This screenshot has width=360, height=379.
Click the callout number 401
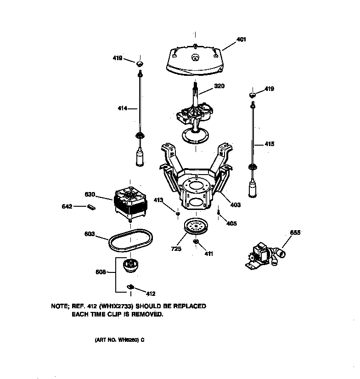(x=241, y=40)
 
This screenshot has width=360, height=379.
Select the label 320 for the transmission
(x=219, y=86)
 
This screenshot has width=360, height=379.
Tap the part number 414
(x=123, y=108)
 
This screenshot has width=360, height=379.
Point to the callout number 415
(x=270, y=144)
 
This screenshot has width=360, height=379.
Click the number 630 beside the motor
(x=90, y=194)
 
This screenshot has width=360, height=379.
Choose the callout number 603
(x=89, y=234)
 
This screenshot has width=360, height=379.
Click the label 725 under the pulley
(x=176, y=249)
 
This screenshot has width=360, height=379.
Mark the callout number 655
(x=295, y=233)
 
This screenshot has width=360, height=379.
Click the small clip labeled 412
(x=130, y=288)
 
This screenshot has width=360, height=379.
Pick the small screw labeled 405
(x=219, y=212)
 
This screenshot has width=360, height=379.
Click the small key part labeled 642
(x=91, y=207)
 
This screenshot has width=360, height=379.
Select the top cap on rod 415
(x=252, y=95)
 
